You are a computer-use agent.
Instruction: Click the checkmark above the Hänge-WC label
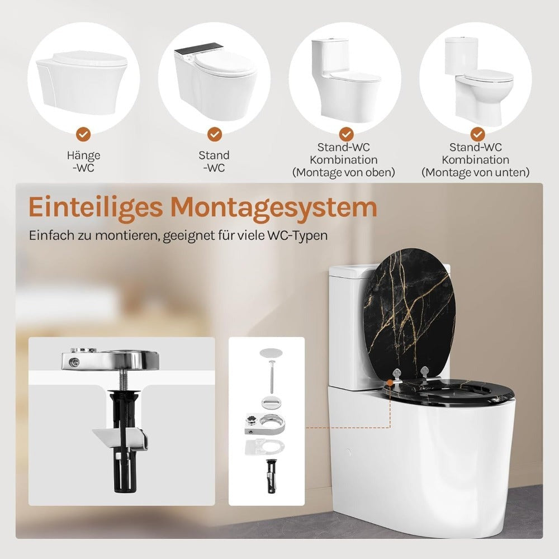83,134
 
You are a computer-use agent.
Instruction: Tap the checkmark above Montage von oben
346,134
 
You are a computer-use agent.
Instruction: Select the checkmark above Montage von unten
477,134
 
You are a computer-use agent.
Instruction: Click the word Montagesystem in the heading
274,207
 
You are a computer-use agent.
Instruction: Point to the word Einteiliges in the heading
96,208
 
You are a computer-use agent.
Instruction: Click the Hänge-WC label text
83,161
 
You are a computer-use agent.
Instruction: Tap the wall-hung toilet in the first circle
81,83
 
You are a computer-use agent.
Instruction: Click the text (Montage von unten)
475,173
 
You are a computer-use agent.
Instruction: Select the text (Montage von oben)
344,173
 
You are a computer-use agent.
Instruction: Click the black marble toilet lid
409,314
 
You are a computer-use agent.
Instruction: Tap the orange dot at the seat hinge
390,382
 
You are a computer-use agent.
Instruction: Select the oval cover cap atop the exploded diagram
271,353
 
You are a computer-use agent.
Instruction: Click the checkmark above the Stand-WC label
215,134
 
